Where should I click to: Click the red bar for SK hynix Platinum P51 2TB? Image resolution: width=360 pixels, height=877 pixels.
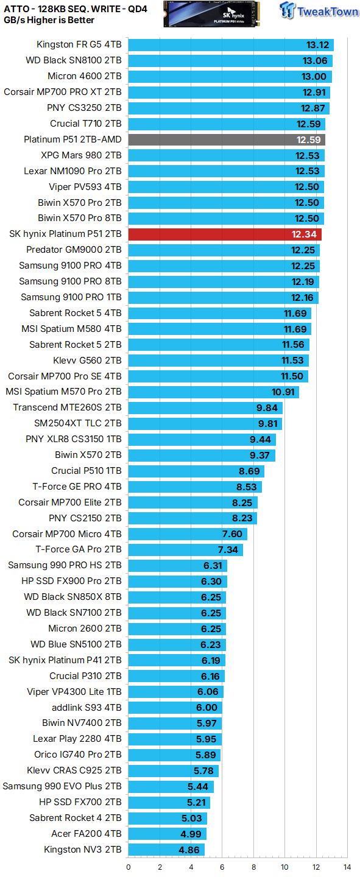(225, 234)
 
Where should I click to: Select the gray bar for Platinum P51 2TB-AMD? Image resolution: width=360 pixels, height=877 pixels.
(227, 139)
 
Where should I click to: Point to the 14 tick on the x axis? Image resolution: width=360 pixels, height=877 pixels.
(347, 867)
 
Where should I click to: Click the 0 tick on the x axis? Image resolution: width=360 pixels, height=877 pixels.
(129, 867)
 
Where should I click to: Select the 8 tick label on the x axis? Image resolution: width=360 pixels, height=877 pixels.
(253, 867)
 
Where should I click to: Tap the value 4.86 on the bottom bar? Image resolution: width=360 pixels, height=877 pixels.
(189, 850)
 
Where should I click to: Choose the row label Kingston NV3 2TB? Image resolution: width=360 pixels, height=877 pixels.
(82, 850)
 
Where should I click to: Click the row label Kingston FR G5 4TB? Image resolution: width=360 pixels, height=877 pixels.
(79, 45)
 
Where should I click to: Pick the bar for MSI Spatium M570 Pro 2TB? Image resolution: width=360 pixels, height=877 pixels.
(213, 392)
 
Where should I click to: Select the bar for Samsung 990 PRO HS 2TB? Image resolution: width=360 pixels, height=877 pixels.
(177, 565)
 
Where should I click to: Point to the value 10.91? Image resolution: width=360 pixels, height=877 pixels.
(283, 392)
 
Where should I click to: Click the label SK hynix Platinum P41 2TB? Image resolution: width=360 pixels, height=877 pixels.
(65, 660)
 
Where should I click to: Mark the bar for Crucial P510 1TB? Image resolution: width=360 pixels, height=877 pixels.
(196, 471)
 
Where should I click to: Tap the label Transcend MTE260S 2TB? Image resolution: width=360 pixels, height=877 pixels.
(67, 407)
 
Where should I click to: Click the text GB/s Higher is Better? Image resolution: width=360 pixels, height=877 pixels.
(49, 20)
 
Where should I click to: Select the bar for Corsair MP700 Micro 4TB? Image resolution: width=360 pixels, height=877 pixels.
(188, 534)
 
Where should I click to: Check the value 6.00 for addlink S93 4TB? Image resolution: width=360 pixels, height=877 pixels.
(206, 708)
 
